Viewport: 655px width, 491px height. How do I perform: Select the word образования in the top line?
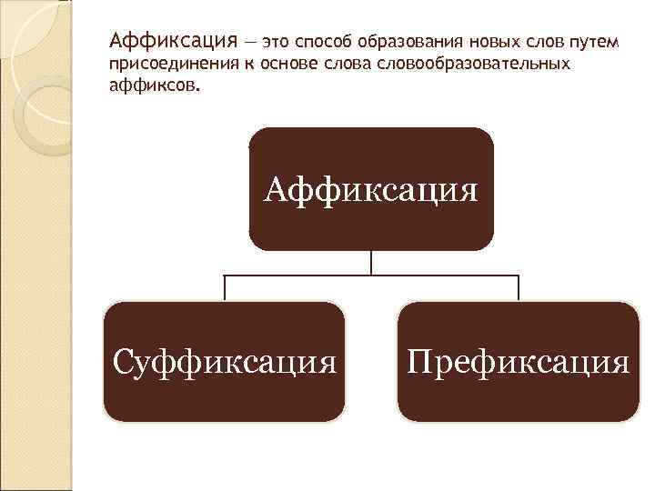[x=404, y=42]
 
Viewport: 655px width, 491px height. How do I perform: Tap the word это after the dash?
[x=277, y=42]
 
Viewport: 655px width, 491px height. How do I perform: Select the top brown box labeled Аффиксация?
[x=371, y=189]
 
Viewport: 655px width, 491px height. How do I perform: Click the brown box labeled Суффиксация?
[x=224, y=363]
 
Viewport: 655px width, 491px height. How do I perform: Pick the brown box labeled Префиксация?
[x=519, y=363]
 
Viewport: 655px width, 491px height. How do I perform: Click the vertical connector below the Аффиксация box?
[x=371, y=262]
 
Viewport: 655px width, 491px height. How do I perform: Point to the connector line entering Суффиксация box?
[x=225, y=287]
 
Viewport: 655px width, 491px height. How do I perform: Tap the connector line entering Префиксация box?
[x=519, y=287]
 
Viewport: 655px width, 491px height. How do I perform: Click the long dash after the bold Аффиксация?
[x=249, y=42]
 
